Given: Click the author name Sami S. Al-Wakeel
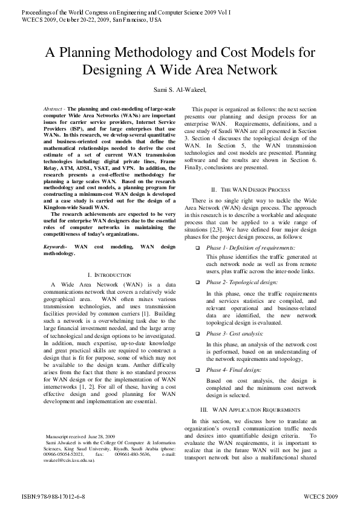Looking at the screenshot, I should [180, 91].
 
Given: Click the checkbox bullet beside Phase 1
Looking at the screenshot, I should [197, 248].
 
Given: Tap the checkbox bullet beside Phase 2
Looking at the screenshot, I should [197, 282].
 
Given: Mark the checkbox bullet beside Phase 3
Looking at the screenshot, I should [197, 333].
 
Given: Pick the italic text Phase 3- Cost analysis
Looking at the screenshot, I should [235, 333].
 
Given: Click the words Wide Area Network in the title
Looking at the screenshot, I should [211, 70].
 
